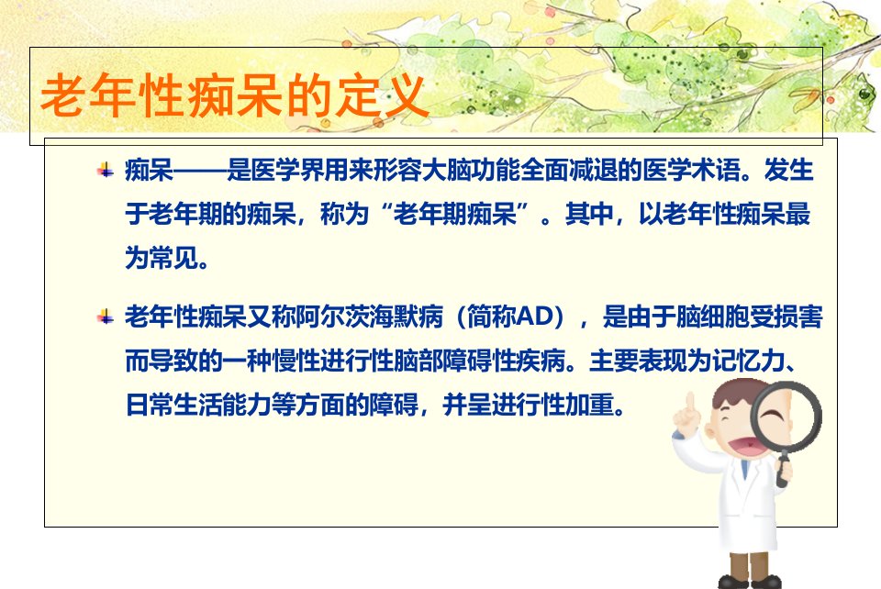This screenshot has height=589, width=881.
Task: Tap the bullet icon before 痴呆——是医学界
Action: pos(105,169)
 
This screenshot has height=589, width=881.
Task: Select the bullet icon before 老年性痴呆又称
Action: pos(105,317)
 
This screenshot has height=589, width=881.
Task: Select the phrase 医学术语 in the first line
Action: pos(691,170)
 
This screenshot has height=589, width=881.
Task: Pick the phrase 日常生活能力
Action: pos(198,405)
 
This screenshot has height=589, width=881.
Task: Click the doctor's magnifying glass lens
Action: pos(786,416)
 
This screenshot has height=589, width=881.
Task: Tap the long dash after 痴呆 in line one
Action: pos(200,170)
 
